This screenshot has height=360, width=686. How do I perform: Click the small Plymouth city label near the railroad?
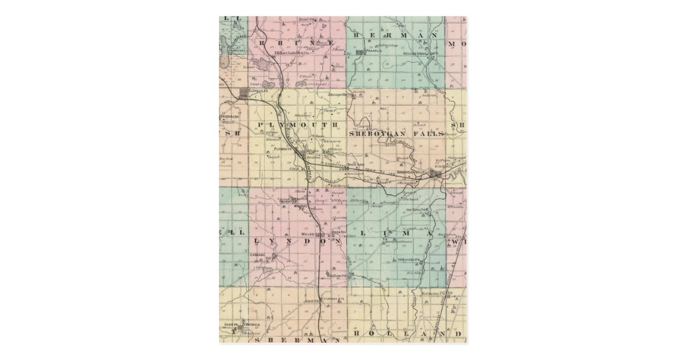(286, 149)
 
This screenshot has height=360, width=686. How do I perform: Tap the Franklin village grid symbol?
(360, 53)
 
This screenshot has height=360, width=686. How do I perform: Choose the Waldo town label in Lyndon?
(308, 234)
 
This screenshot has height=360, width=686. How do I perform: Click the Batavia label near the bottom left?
(253, 324)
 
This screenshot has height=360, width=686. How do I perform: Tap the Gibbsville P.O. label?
(409, 260)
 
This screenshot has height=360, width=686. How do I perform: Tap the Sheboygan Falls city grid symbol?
(436, 174)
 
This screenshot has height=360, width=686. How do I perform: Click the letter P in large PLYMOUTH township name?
(261, 125)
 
